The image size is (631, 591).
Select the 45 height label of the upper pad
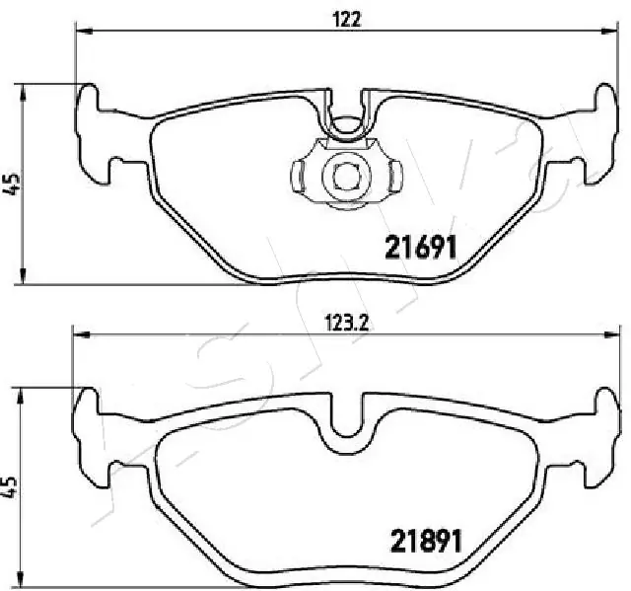coord(13,184)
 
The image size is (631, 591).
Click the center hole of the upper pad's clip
coord(344,176)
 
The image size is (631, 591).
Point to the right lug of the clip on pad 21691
coord(392,177)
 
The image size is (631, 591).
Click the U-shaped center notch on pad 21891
coord(345,414)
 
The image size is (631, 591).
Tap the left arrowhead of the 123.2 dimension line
coord(77,333)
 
